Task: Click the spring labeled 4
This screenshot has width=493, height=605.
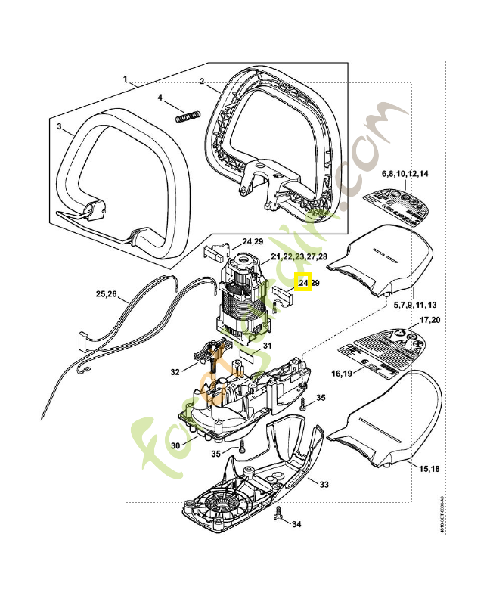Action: click(187, 116)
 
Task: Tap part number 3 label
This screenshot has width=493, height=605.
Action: click(59, 126)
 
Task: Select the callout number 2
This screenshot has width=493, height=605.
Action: click(203, 81)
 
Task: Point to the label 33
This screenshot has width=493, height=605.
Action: click(324, 484)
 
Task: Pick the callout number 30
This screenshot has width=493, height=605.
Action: click(175, 445)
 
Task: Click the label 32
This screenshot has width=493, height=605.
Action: click(175, 372)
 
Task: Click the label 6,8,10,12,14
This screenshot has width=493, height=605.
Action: click(405, 174)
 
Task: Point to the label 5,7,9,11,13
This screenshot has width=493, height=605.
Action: click(415, 305)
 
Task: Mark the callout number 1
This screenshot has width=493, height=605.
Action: click(126, 79)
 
